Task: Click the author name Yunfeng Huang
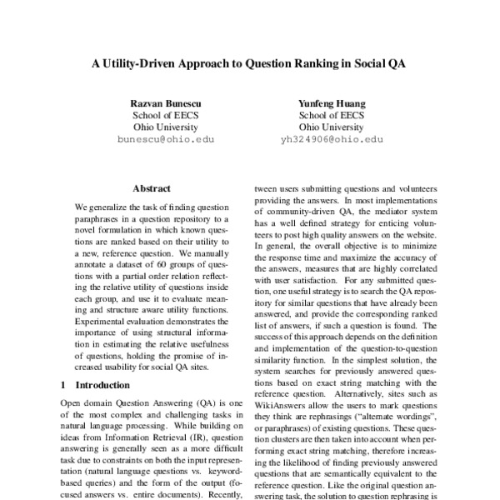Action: coord(332,102)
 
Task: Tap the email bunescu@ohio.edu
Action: coord(166,141)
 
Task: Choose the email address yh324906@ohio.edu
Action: coord(332,141)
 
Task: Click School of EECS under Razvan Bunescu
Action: coord(166,115)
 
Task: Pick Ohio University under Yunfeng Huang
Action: coord(332,127)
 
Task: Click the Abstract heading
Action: coord(152,188)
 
